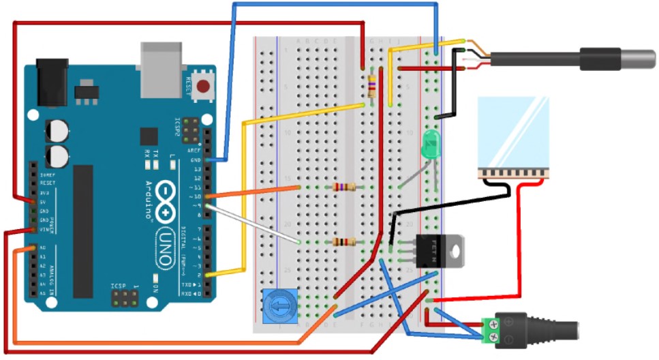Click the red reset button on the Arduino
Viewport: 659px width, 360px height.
(202, 87)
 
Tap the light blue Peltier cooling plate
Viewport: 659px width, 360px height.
(513, 132)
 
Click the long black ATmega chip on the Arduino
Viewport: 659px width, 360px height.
(83, 231)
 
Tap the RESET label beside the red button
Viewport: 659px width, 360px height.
(189, 87)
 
